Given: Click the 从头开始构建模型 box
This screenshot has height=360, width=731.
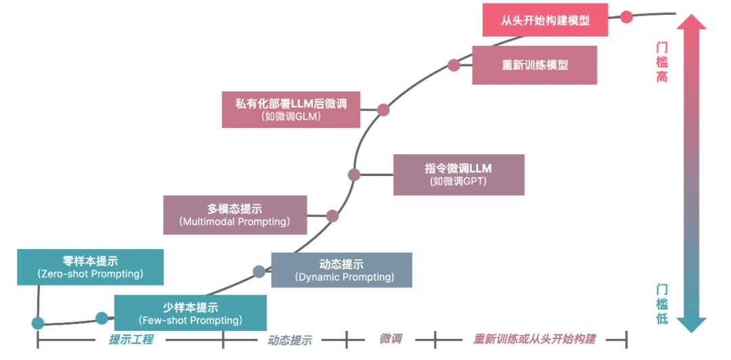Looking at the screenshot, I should (545, 20).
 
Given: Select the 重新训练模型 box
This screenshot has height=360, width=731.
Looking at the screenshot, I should (534, 65).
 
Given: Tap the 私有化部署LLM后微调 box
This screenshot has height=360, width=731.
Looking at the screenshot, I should (290, 109).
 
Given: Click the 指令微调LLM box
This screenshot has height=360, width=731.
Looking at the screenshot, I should (458, 175).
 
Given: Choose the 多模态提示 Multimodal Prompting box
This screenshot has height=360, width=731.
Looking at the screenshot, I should (235, 215).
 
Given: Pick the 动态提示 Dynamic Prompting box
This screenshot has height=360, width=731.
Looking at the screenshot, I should (341, 270).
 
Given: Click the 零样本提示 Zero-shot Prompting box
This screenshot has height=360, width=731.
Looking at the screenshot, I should (90, 267).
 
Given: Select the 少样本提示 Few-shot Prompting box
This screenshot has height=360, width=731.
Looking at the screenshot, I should (190, 313).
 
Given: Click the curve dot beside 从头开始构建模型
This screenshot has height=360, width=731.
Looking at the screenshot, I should (627, 16).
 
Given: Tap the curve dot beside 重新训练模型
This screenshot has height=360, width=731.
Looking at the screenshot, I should (453, 65).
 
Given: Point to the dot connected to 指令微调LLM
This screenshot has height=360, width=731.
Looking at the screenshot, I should (354, 175).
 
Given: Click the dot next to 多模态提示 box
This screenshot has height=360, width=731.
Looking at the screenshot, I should (332, 216).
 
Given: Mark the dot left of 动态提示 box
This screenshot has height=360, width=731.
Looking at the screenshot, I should (259, 272).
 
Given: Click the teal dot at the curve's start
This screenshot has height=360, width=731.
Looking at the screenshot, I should (38, 323).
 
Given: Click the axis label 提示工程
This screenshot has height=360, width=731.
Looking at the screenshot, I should (131, 340).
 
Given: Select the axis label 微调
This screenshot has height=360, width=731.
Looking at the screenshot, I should (391, 339).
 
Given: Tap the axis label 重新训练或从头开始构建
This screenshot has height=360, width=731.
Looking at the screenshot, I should (534, 339).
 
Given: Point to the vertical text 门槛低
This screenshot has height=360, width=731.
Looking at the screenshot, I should (661, 304).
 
